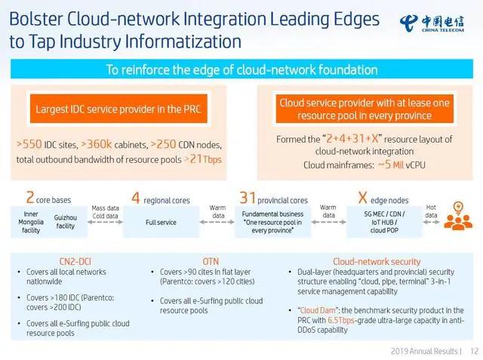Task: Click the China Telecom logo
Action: (x=432, y=23)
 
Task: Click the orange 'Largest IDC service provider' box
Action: (x=118, y=109)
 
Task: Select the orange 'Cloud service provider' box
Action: (x=365, y=109)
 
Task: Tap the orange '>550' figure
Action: (x=29, y=144)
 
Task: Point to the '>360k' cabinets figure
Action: (x=97, y=144)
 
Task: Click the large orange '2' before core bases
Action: (x=30, y=197)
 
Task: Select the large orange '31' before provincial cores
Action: (x=248, y=198)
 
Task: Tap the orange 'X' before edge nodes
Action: (x=362, y=198)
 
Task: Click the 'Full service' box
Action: (x=161, y=222)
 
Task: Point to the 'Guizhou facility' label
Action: (x=66, y=222)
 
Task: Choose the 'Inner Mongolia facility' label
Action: (x=31, y=222)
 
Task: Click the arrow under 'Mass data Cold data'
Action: (x=105, y=222)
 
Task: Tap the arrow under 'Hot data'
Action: (x=431, y=222)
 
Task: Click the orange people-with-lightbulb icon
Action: (x=458, y=216)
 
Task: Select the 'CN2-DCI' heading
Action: (x=75, y=261)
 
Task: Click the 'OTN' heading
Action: (x=211, y=261)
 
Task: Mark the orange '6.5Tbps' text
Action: (x=340, y=320)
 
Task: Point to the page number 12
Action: (x=475, y=352)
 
